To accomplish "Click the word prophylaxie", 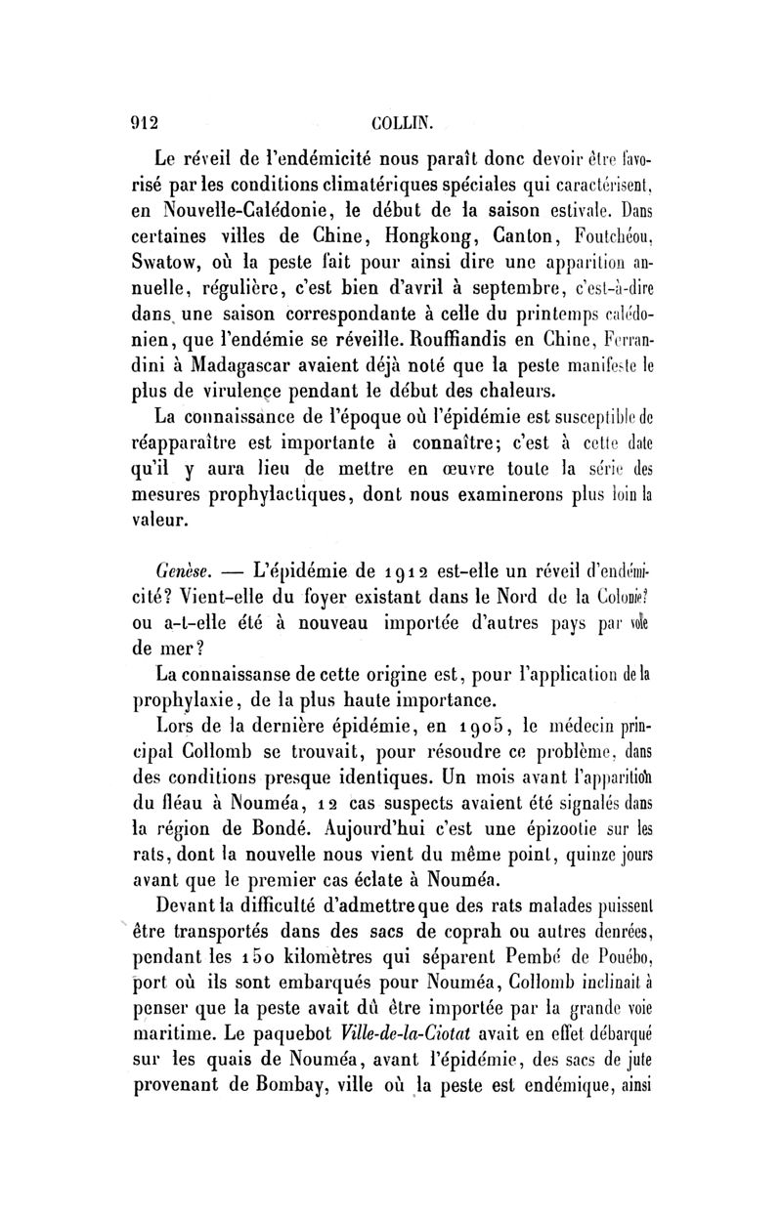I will coord(190,698).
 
